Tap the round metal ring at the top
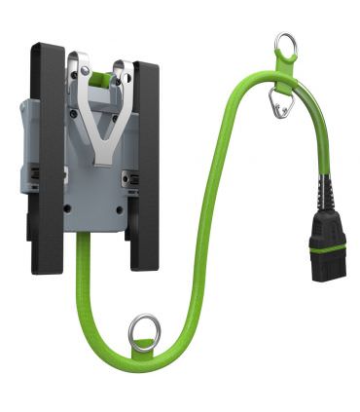point(285,44)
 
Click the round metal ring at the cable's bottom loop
point(145,330)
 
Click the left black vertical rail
point(47,156)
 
